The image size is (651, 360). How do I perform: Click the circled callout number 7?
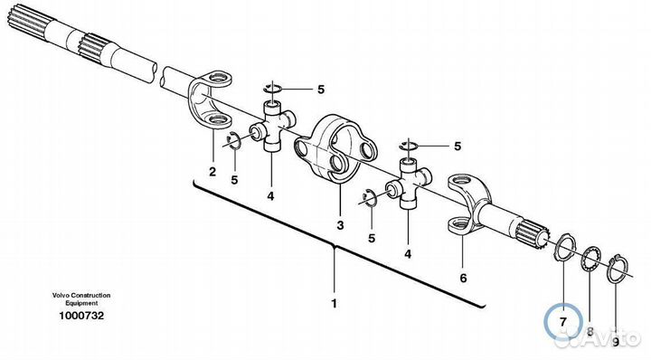563,322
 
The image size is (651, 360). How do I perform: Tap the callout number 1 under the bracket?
335,304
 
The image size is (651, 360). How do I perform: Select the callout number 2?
212,172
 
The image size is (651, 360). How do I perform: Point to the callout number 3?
341,225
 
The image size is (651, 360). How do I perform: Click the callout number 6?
463,278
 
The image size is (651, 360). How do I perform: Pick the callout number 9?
616,342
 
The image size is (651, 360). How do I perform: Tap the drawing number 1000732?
81,316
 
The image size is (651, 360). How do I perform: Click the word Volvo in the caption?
61,295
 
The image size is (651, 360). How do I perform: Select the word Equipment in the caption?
81,303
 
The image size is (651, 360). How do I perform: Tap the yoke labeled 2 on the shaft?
210,99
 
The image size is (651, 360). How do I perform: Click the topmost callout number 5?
320,90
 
